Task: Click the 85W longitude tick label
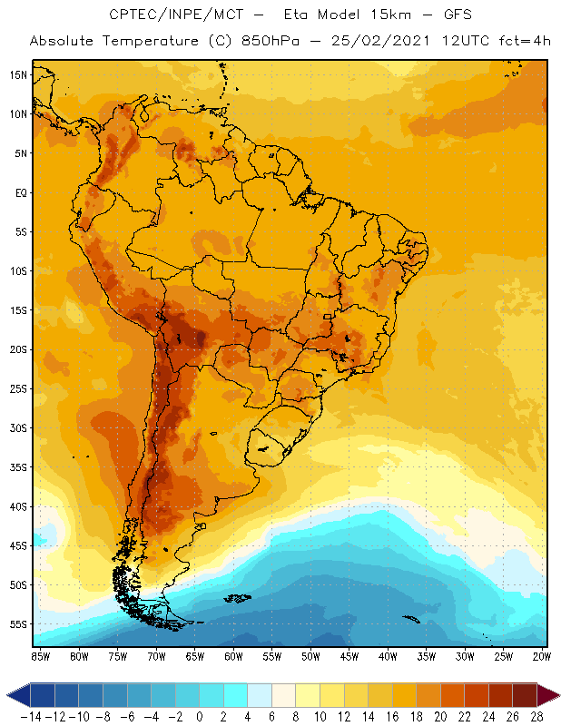click(x=40, y=656)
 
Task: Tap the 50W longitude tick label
click(x=310, y=656)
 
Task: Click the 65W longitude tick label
click(x=194, y=656)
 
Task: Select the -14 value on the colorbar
click(x=30, y=717)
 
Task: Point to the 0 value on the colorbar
click(x=200, y=717)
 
